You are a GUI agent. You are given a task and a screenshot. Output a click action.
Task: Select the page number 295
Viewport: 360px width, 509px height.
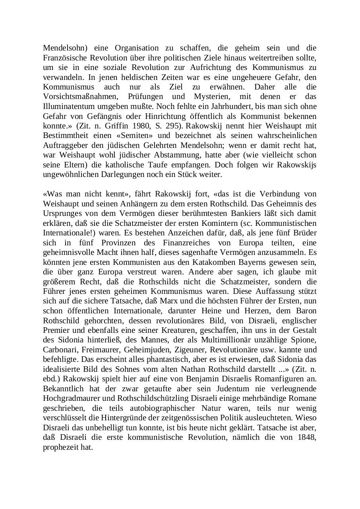coord(173,126)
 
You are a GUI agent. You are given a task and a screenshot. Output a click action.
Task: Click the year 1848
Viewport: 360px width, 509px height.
coord(306,437)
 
